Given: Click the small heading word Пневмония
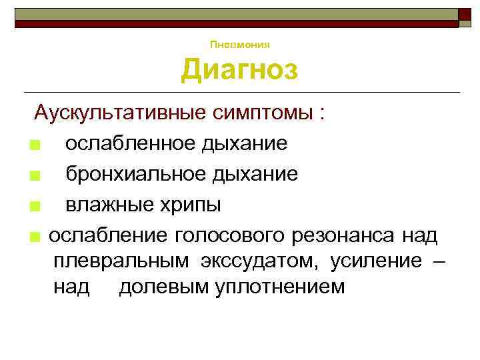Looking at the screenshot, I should click(239, 45).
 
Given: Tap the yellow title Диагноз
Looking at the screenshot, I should click(239, 70).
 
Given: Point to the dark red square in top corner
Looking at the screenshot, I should click(465, 15).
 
